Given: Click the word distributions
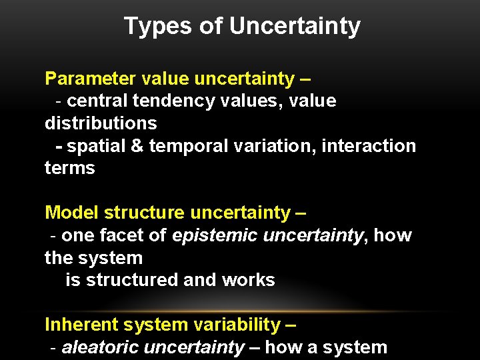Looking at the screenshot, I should [101, 123].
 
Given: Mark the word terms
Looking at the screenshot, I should [70, 169].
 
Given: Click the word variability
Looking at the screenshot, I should [239, 325].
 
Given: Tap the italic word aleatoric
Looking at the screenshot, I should [100, 347].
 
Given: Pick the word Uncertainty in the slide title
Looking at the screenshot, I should [295, 27].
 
